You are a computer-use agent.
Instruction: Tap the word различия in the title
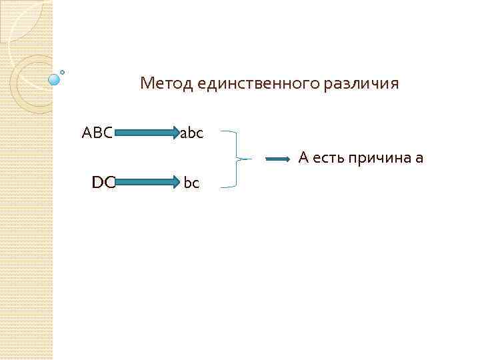click(x=361, y=84)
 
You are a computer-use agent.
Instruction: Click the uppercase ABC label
click(x=97, y=133)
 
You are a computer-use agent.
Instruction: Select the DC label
click(x=103, y=181)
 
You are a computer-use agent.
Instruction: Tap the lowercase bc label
click(x=191, y=182)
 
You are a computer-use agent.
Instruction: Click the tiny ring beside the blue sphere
click(x=63, y=72)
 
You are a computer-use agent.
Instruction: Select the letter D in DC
click(x=98, y=181)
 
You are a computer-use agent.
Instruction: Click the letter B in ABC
click(x=97, y=133)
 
